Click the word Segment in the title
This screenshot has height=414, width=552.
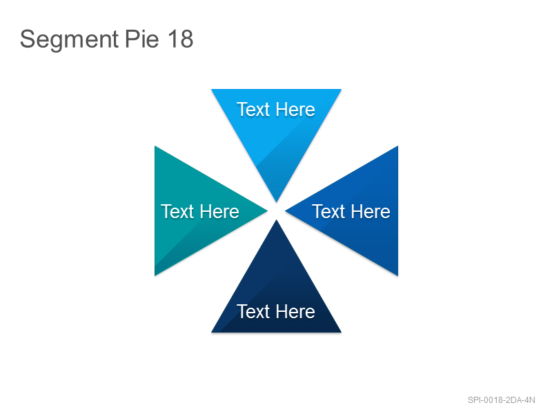coord(69,39)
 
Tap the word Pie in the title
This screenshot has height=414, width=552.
coord(142,39)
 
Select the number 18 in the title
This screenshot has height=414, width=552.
coord(180,39)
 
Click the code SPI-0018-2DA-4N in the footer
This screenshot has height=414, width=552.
coord(502,400)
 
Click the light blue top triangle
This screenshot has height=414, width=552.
coord(277,127)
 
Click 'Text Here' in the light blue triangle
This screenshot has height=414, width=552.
coord(275,109)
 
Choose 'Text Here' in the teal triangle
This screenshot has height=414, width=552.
coord(200,211)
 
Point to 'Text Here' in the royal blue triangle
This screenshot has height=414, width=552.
coord(351,211)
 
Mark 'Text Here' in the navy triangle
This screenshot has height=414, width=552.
coord(275,311)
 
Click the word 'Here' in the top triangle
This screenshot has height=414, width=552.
coord(295,109)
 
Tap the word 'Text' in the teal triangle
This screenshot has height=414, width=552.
coord(177,211)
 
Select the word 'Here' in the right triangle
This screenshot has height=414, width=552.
coord(371,211)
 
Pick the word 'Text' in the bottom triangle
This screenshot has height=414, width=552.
coord(253,311)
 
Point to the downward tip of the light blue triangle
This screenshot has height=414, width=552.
coord(277,201)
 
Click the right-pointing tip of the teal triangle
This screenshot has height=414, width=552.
coord(267,211)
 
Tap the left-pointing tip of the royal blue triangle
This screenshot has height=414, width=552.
coord(286,211)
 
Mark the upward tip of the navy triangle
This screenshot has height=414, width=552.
coord(277,220)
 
